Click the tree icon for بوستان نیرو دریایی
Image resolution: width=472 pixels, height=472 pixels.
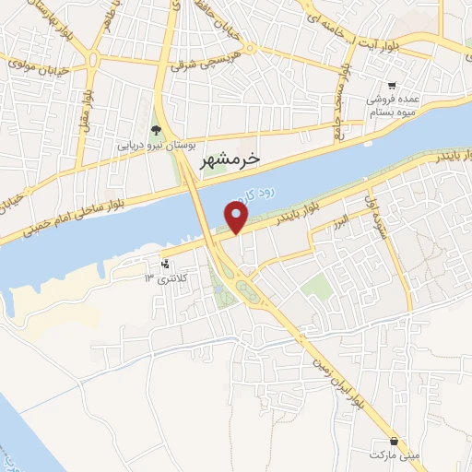[x=156, y=130]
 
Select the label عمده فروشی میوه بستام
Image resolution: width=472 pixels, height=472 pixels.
[x=395, y=104]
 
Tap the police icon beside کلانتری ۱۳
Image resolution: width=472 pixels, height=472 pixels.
[x=166, y=264]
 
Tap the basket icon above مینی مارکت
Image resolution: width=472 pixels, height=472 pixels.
[x=394, y=442]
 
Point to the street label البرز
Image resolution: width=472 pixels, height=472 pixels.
[x=341, y=221]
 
